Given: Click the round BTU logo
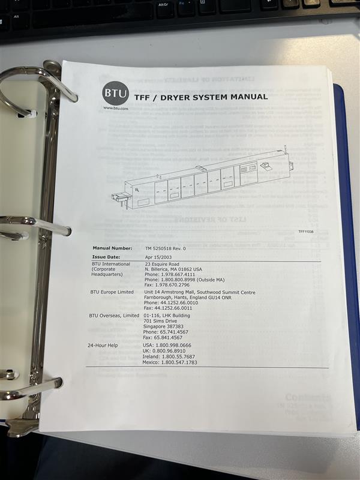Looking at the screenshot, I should [x=112, y=93].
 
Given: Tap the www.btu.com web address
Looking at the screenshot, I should [x=116, y=108].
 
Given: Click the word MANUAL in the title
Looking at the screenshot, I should [x=246, y=96].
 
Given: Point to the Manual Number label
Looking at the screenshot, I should [x=112, y=248].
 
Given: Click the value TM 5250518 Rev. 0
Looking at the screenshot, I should [x=166, y=248].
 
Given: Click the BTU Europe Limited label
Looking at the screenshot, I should [x=112, y=292].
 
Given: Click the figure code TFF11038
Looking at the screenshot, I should [x=307, y=231].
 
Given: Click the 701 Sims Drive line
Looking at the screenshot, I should [x=159, y=321].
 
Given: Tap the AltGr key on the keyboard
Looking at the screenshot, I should [x=163, y=4].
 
